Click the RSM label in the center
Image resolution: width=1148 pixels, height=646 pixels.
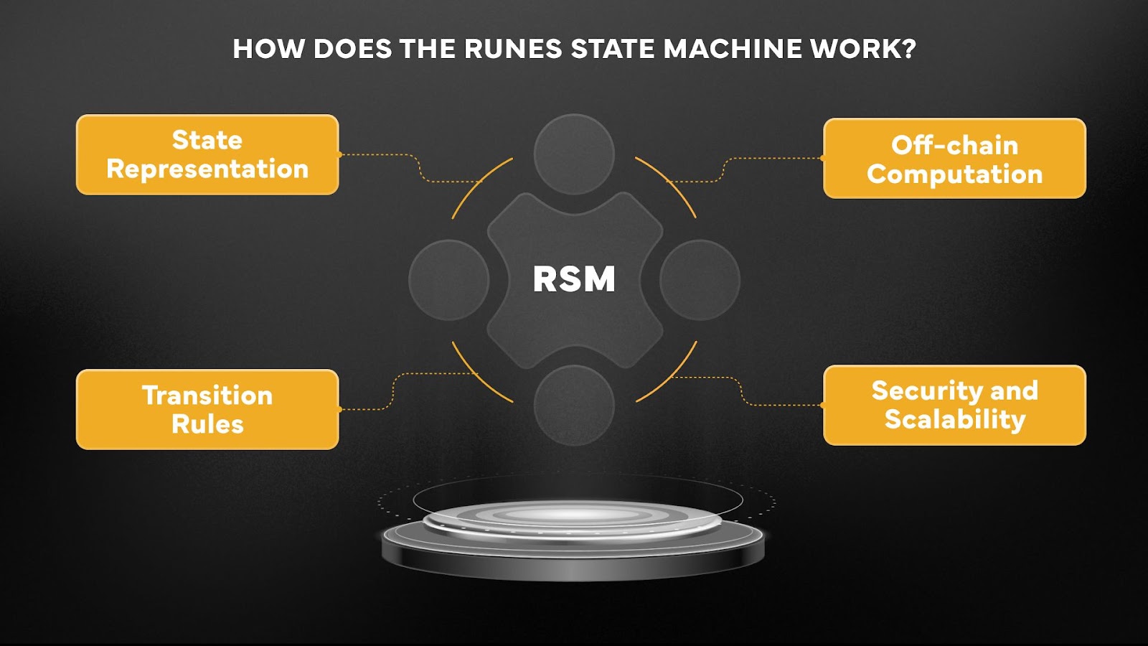pos(574,279)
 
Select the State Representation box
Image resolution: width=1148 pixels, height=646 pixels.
pos(207,154)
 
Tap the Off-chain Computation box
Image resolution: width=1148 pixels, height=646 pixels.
pos(954,159)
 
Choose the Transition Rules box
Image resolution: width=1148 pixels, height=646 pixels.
pos(207,409)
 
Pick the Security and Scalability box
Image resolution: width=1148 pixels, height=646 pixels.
pos(954,405)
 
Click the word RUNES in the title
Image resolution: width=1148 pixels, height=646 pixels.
pos(513,49)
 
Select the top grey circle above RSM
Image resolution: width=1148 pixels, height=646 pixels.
pos(574,154)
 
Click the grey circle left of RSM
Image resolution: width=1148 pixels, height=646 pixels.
pos(448,279)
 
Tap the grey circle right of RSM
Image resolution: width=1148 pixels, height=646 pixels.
pos(700,279)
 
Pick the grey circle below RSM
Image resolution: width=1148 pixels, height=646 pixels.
pos(574,405)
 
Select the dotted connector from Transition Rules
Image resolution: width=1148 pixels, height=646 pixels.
pos(393,391)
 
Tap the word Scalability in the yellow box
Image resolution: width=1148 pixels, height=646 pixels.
pos(954,419)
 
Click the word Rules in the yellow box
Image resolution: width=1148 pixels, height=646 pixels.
pos(207,424)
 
